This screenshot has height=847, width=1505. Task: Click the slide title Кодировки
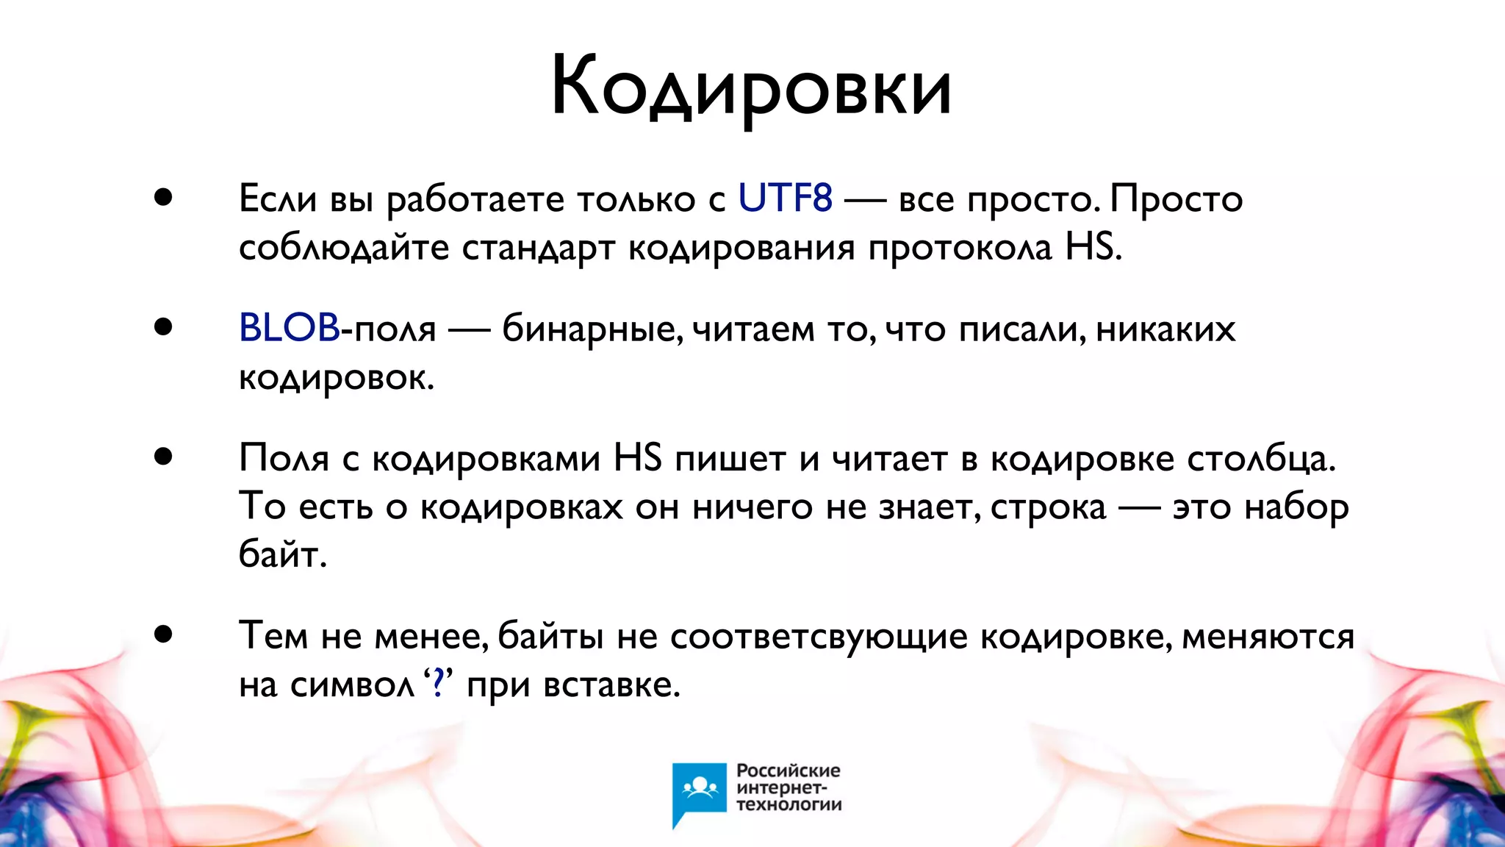coord(751,87)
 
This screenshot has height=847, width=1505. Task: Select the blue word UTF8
coord(785,199)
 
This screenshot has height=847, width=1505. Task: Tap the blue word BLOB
coord(289,328)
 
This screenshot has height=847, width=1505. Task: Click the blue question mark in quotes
coord(439,685)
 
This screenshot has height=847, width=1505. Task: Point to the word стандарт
coord(539,249)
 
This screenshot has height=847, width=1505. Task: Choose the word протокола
coord(960,249)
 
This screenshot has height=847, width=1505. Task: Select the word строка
coord(1048,507)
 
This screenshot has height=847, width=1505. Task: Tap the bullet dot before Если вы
coord(163,197)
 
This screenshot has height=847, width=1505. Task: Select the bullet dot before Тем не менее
coord(163,634)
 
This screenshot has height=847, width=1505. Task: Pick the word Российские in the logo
coord(789,771)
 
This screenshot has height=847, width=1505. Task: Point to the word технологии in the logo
coord(789,804)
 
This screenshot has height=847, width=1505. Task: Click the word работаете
coord(479,199)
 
